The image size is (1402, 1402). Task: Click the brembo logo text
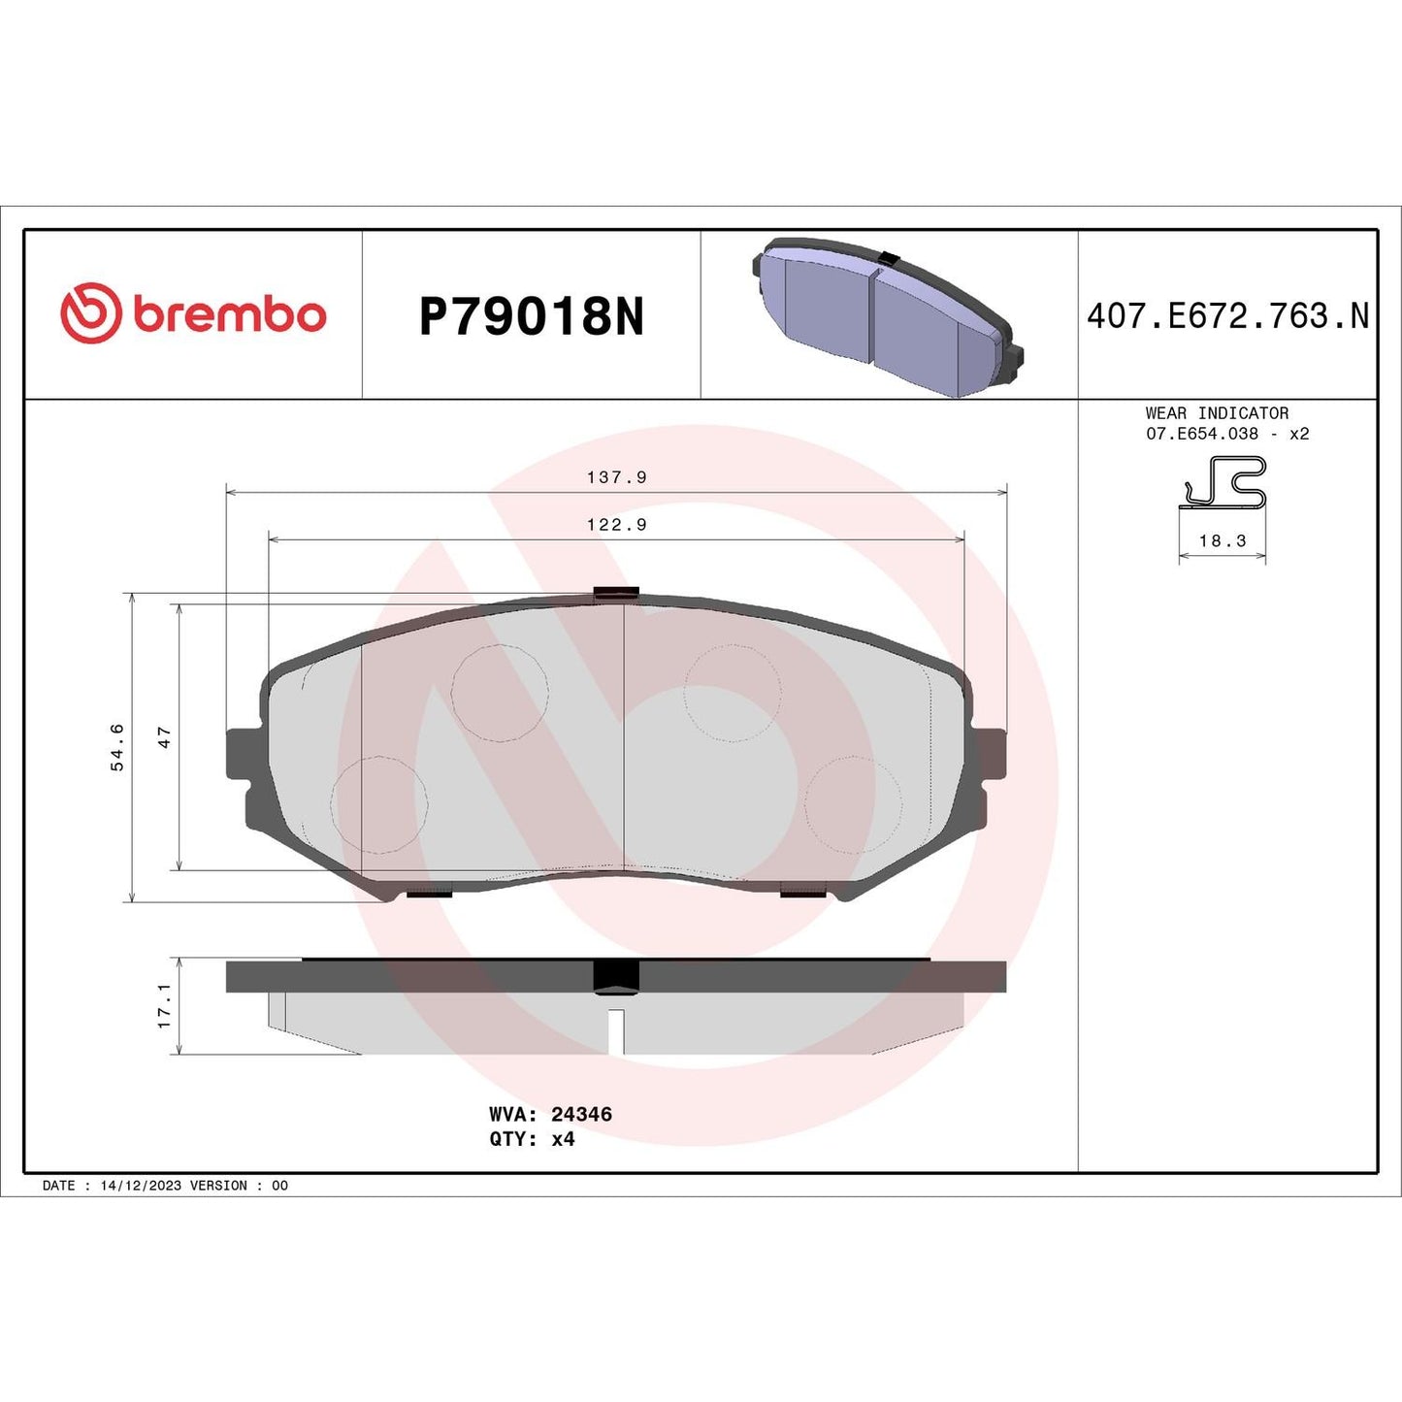click(x=229, y=315)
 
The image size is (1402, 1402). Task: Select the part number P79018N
click(x=531, y=316)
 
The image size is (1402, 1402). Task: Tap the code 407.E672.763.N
click(x=1227, y=316)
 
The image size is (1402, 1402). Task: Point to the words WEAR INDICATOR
click(x=1217, y=413)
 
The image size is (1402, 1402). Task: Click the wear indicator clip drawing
click(x=1223, y=483)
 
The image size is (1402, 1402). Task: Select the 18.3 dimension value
click(x=1222, y=541)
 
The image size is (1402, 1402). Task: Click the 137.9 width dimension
click(x=616, y=477)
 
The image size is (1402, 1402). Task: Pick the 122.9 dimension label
click(x=616, y=525)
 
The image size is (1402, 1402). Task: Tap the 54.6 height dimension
click(x=117, y=747)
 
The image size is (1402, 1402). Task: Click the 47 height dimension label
click(x=164, y=737)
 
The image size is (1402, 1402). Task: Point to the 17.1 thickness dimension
click(x=164, y=1006)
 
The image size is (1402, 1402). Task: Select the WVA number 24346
click(x=581, y=1115)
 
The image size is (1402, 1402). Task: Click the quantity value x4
click(x=563, y=1139)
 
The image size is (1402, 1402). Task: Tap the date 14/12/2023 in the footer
click(x=141, y=1186)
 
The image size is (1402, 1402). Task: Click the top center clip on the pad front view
click(x=615, y=592)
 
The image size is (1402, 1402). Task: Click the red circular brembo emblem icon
click(x=91, y=313)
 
